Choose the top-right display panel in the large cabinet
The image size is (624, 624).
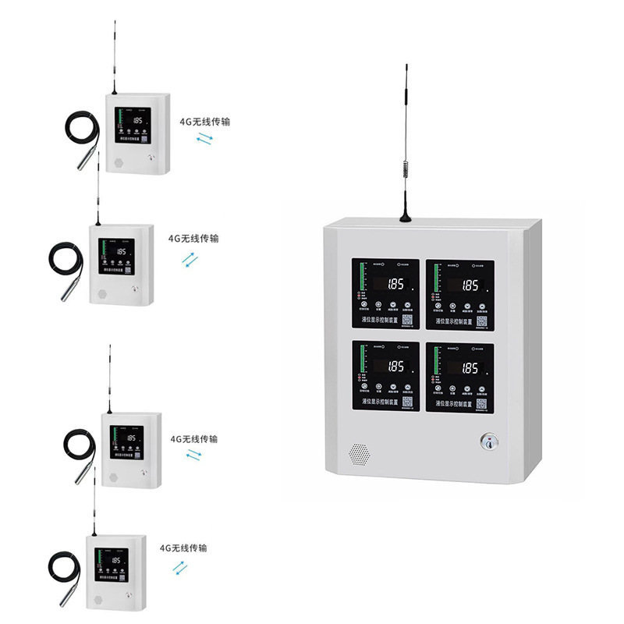(459, 293)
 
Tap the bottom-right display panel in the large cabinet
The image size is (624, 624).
(459, 376)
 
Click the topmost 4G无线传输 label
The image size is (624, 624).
(205, 122)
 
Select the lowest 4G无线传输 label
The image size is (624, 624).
(183, 548)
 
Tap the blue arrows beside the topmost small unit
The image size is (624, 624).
(204, 139)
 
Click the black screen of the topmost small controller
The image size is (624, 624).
(133, 122)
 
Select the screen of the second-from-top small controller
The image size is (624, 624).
(116, 254)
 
